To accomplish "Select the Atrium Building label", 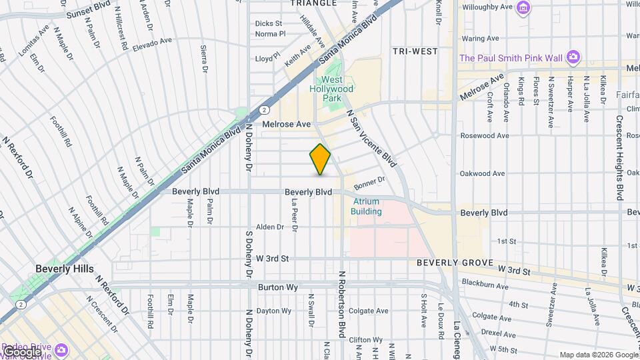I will point(367,207).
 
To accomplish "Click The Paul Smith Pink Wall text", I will point(511,57).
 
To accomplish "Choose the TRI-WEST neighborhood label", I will point(415,51).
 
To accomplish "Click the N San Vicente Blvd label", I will point(371,137).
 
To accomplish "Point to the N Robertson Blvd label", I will point(341,303).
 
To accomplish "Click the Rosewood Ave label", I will point(488,135).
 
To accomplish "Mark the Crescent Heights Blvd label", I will point(619,158).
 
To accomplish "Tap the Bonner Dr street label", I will point(370,182).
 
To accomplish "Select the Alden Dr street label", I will point(271,227).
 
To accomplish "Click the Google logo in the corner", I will point(22,351).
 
